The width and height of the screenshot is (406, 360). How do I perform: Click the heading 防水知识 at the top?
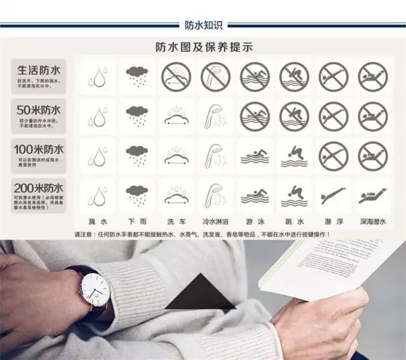tap(203, 25)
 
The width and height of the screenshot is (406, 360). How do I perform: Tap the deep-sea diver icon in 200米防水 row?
tap(372, 196)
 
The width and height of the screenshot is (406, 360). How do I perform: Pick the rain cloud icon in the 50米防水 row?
tap(136, 116)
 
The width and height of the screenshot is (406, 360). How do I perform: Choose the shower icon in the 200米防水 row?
tap(215, 196)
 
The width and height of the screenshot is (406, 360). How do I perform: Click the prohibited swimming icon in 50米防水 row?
tap(254, 116)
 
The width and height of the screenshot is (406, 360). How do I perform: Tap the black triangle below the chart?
tap(200, 293)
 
